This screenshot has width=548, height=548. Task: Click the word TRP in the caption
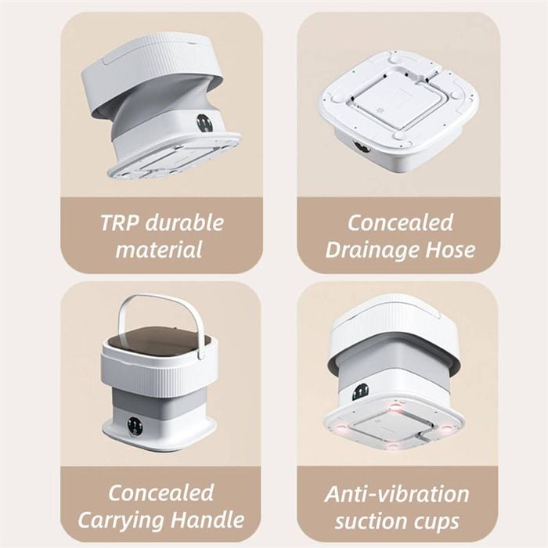coord(120,222)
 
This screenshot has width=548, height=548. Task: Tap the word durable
coord(185,222)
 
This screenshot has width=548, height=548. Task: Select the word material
coord(159,250)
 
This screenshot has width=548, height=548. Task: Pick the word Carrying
coord(120,521)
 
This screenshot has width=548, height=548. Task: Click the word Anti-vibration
coord(397,494)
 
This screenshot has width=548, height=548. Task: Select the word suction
coord(369,521)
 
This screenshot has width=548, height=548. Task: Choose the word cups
coord(434,523)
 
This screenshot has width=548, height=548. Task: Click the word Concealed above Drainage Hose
coord(400,222)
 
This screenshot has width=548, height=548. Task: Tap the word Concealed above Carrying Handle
coord(160,492)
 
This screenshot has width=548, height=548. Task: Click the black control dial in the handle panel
coord(134,427)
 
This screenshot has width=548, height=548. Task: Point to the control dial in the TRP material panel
coord(204,124)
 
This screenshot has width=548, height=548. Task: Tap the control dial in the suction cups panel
coord(360,393)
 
